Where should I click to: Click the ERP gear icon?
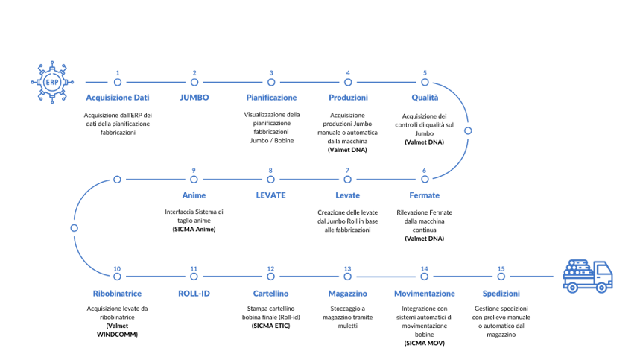coord(52,81)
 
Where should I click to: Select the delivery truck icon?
coord(588,275)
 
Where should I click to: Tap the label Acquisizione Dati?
coord(118,98)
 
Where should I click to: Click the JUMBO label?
coord(194,98)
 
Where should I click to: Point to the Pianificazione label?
coord(271,98)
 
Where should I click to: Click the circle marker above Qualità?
coord(425,82)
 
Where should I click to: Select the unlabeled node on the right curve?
coord(467,130)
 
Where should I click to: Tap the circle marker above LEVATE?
coord(270,180)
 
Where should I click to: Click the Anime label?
coord(194,195)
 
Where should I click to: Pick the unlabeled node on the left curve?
coord(74,228)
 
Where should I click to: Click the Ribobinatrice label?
coord(118,294)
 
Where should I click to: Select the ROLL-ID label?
coord(194,294)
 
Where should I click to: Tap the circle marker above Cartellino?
coord(270,277)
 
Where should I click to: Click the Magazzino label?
coord(347,294)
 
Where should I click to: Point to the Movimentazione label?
coord(425,294)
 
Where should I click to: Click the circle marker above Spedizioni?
coord(501,277)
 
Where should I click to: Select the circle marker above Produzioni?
coord(348,82)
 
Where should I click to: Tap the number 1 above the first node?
coord(118,73)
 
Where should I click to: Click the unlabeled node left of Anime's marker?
coord(117,180)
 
